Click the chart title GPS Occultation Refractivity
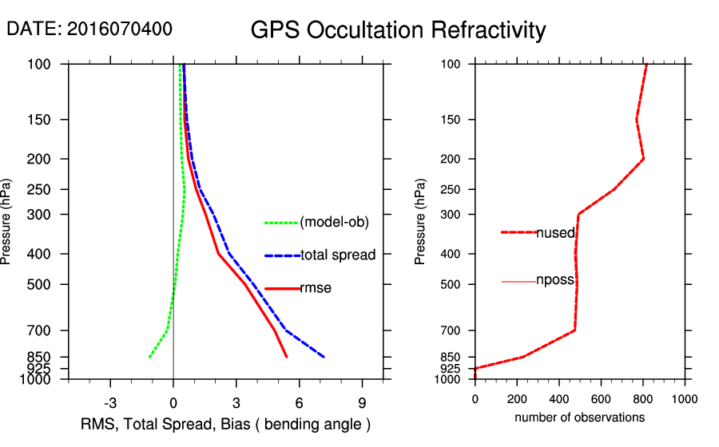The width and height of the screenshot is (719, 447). (398, 30)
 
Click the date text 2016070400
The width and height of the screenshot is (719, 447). (119, 30)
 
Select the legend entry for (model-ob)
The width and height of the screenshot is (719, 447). (334, 223)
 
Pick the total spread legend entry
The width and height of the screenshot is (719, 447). (338, 255)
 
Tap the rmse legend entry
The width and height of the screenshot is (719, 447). (315, 288)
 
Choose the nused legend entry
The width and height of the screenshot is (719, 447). (555, 232)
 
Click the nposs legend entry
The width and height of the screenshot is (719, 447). (555, 281)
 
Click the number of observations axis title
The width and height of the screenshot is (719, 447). (579, 417)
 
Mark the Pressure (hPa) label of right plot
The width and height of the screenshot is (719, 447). (421, 221)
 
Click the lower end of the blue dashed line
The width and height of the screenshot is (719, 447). (324, 357)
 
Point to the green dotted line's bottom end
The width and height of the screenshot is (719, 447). (149, 357)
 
